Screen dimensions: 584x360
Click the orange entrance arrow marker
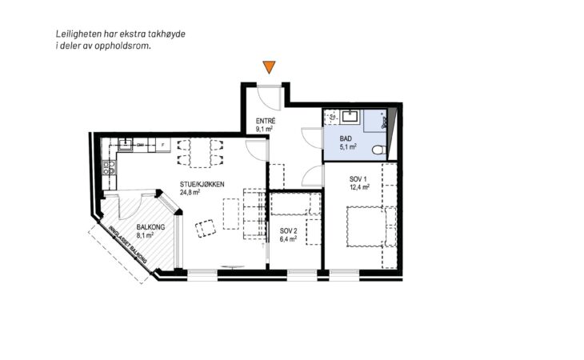coord(269,67)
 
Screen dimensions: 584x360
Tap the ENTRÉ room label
coord(266,121)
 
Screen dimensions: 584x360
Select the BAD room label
coord(346,139)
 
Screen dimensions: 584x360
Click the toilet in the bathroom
coord(379,150)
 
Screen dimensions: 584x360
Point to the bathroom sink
coord(350,116)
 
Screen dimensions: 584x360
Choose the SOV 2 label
coord(289,231)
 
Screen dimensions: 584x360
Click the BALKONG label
coord(150,227)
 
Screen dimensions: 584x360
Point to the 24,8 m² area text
coord(190,192)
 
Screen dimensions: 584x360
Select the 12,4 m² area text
coord(359,187)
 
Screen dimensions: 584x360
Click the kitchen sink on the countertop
coord(126,145)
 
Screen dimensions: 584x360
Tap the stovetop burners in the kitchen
coord(109,167)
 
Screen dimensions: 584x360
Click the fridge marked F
coord(162,145)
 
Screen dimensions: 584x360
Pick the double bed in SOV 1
coord(365,226)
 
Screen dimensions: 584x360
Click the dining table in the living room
coord(200,153)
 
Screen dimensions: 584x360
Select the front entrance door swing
coord(270,98)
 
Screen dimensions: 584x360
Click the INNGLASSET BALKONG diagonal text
coord(127,245)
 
